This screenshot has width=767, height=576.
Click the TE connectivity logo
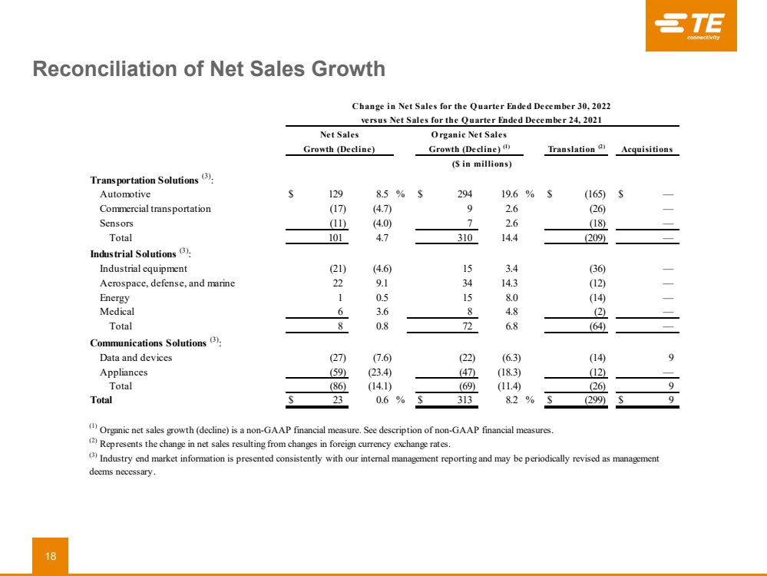click(x=690, y=26)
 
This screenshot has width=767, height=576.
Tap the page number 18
click(x=50, y=556)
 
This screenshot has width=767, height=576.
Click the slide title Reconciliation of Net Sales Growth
click(x=208, y=70)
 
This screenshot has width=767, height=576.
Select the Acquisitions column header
click(x=646, y=149)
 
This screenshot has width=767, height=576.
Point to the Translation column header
click(x=576, y=149)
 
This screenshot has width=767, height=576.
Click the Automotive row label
click(x=124, y=195)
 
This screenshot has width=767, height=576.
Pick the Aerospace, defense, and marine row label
click(x=167, y=283)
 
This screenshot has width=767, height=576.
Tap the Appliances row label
click(x=124, y=372)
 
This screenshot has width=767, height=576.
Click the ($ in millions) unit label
click(x=481, y=164)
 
